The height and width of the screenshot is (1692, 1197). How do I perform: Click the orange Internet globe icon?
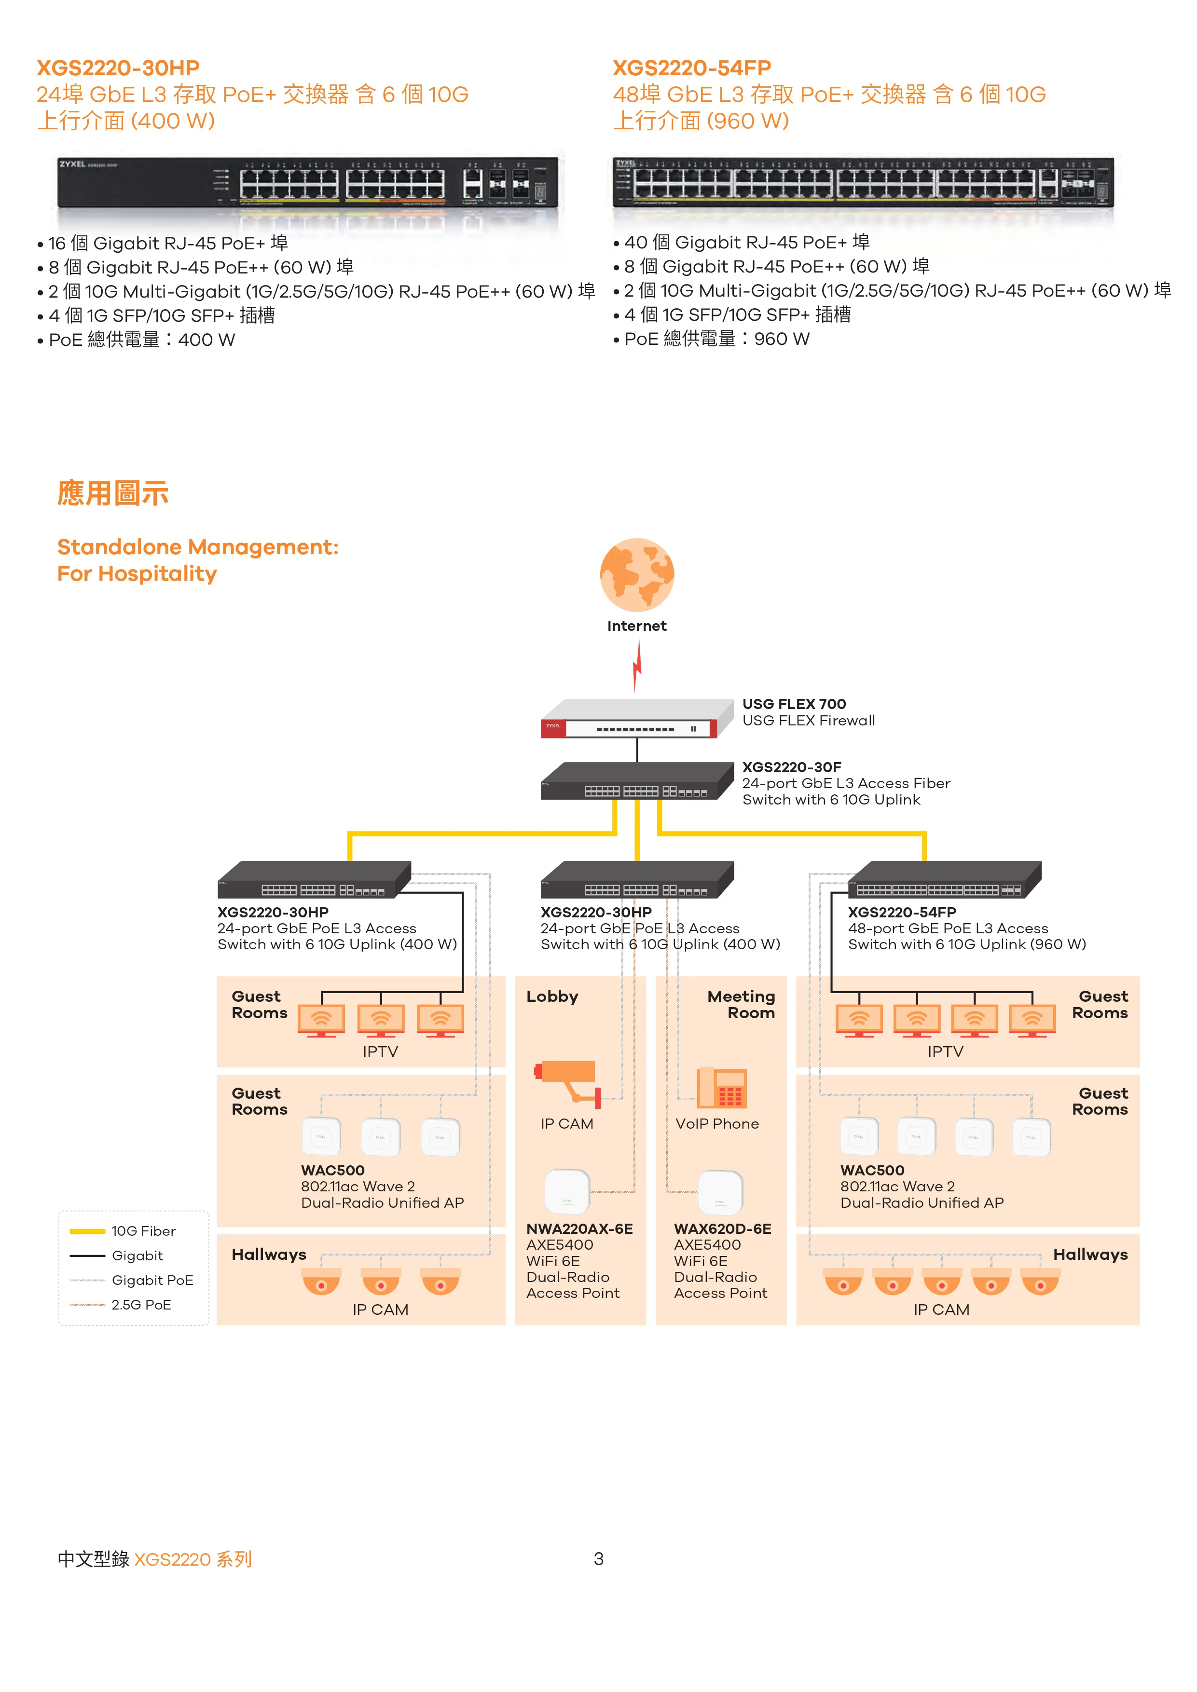637,575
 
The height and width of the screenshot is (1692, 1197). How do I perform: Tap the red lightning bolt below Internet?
637,666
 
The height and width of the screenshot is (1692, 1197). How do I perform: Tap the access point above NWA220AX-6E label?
567,1191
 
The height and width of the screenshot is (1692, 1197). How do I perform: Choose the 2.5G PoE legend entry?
140,1305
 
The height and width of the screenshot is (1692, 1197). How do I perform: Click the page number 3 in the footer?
598,1558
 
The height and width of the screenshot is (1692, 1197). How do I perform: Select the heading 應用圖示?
113,493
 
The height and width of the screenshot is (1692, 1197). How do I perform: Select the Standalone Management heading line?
197,547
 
